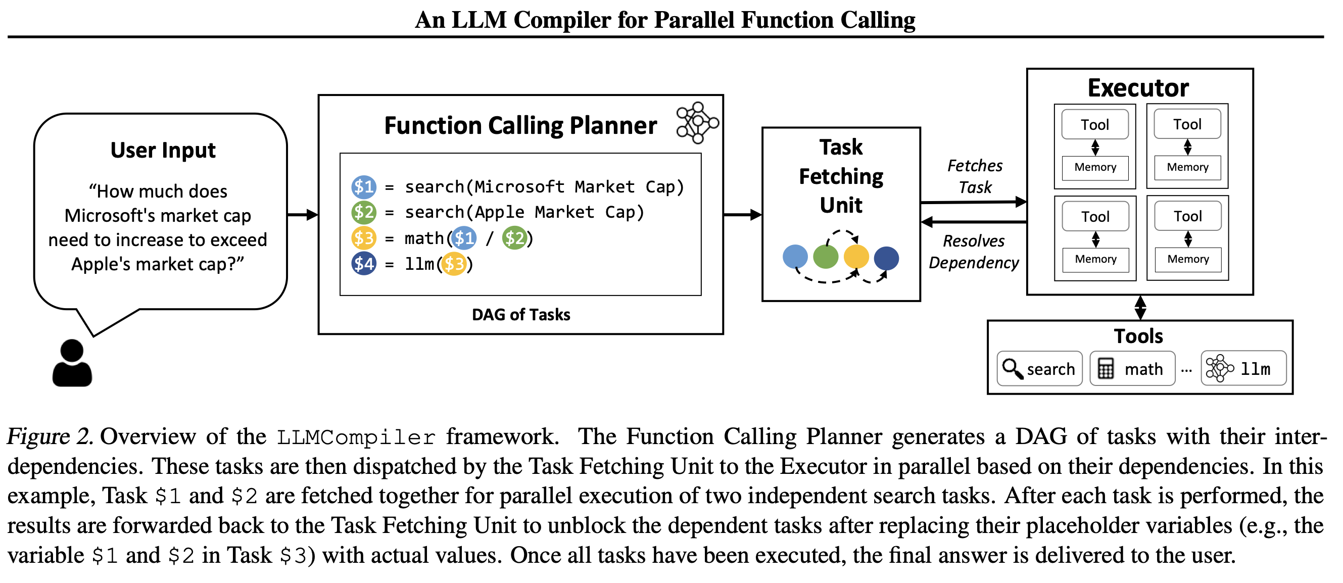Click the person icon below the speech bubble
pos(72,363)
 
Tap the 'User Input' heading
pos(163,151)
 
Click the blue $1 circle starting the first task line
pos(363,187)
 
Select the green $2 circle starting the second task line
pos(363,212)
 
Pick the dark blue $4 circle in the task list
pos(363,264)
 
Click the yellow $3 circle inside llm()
pos(454,264)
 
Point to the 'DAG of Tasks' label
pos(521,315)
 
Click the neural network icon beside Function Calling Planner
pos(697,123)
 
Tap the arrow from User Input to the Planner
pos(302,214)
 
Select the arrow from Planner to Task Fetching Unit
pos(742,214)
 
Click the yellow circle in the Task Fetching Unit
pos(856,257)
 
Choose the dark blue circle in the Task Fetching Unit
pos(886,258)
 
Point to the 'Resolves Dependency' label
pos(973,252)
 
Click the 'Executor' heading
pos(1138,87)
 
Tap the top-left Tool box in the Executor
pos(1095,125)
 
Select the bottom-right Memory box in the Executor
pos(1188,259)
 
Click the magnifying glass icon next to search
pos(1013,369)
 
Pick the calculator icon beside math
pos(1105,369)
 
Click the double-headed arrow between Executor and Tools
pos(1140,308)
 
